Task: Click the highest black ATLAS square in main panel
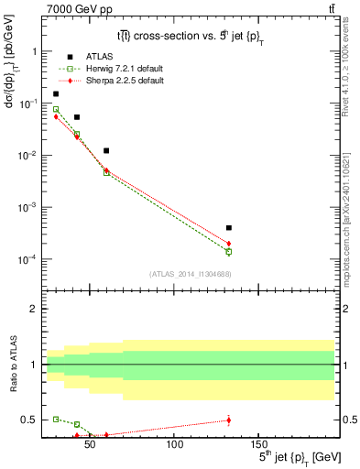[x=56, y=93]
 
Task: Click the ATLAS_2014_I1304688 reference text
[x=190, y=273]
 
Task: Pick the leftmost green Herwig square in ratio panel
[x=56, y=419]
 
